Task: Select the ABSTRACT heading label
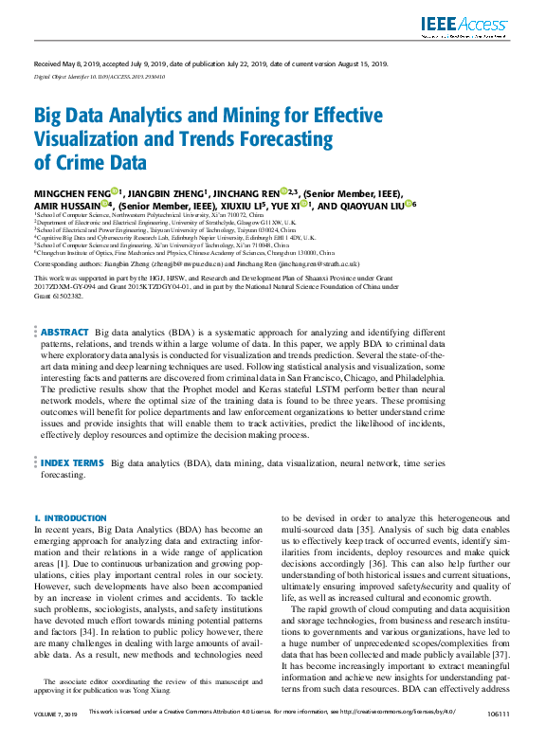click(65, 333)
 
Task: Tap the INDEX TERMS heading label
click(73, 463)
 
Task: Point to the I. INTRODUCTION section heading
click(64, 518)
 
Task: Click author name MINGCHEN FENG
click(72, 193)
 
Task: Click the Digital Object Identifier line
click(100, 76)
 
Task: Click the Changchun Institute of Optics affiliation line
click(185, 254)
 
